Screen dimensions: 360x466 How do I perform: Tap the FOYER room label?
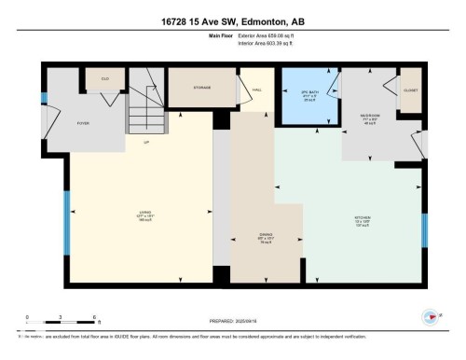[56, 121]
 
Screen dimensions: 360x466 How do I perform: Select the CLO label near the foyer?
[105, 78]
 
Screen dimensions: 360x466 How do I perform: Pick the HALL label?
[255, 90]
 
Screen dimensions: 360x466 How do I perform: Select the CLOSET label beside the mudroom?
[409, 90]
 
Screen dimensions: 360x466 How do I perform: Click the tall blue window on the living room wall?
[65, 223]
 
